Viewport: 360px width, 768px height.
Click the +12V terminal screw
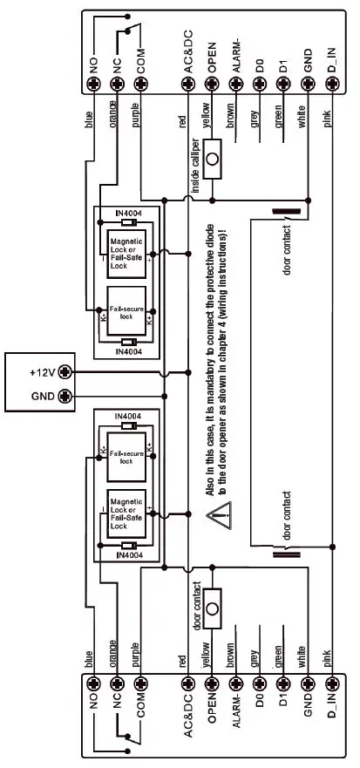click(x=66, y=371)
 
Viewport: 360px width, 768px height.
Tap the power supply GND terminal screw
click(x=66, y=397)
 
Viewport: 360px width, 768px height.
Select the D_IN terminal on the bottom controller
click(x=331, y=684)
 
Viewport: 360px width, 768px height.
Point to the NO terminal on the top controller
click(x=94, y=85)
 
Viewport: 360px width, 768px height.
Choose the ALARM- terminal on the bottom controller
click(x=234, y=684)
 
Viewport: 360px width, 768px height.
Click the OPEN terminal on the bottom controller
click(x=211, y=684)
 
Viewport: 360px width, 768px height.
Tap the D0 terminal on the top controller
click(x=258, y=85)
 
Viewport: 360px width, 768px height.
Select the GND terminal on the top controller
click(x=307, y=85)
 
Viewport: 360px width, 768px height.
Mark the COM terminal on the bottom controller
click(x=137, y=684)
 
